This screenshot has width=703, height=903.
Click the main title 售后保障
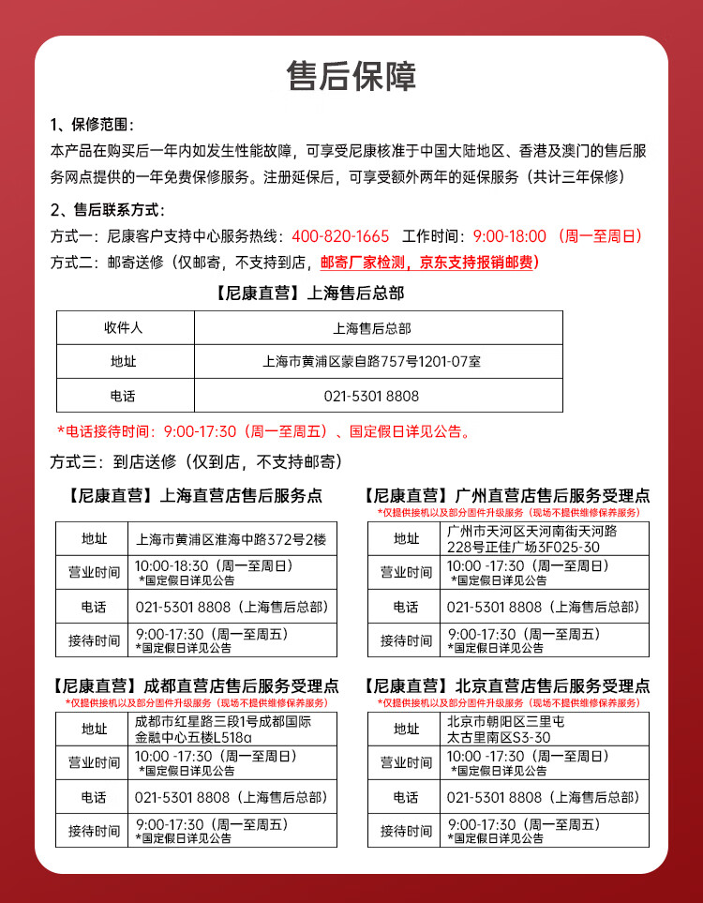tap(351, 77)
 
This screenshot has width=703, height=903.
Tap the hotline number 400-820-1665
tap(340, 236)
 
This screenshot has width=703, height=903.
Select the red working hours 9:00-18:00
tap(509, 236)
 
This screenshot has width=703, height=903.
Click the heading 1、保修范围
tap(92, 125)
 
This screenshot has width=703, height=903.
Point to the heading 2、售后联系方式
tap(107, 209)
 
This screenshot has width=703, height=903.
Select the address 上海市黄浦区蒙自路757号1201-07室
tap(372, 361)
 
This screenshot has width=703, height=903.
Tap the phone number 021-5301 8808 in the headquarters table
tap(372, 396)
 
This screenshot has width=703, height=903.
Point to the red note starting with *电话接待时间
tap(263, 431)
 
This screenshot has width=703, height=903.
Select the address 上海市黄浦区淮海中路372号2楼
tap(231, 539)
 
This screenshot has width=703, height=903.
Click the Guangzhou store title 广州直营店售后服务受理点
tap(506, 495)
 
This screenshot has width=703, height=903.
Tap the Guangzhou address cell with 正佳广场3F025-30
tap(532, 539)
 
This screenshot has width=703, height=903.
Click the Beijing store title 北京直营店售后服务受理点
tap(506, 686)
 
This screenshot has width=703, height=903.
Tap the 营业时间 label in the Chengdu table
tap(94, 762)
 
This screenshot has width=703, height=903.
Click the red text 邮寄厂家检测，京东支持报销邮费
tap(429, 263)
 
